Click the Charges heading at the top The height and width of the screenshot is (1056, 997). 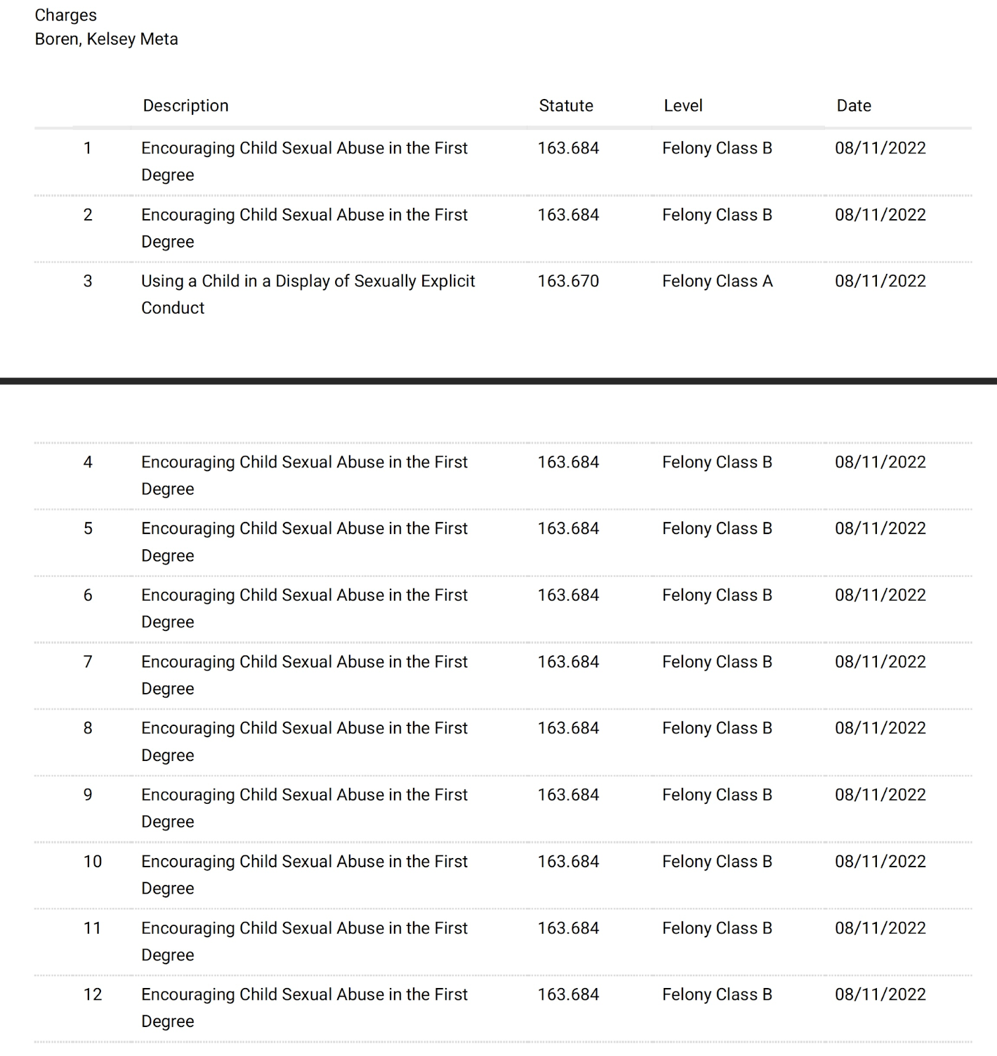(x=65, y=15)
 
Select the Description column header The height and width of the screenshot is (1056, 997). (x=185, y=106)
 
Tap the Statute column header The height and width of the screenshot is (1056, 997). (x=565, y=106)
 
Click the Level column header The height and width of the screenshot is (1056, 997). (x=683, y=106)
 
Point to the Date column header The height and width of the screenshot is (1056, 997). (x=853, y=106)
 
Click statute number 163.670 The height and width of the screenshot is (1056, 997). (x=568, y=281)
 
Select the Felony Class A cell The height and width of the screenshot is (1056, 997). (x=717, y=281)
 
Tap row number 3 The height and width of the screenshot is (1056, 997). (x=88, y=281)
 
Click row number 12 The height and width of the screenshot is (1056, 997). (x=92, y=995)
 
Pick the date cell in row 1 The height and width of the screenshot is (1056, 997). (x=880, y=148)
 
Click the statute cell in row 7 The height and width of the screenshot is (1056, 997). (x=568, y=662)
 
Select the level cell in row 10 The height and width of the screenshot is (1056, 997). (x=717, y=861)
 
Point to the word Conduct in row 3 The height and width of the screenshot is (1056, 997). (x=173, y=308)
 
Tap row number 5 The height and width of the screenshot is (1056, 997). (x=88, y=529)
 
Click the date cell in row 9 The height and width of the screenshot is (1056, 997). (x=880, y=795)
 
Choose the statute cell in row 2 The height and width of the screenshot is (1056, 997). (x=568, y=214)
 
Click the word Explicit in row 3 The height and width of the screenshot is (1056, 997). (x=448, y=281)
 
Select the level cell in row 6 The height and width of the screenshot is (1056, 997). (x=717, y=595)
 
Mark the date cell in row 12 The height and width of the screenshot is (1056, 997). (x=880, y=995)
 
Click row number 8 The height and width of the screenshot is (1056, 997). (x=88, y=728)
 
